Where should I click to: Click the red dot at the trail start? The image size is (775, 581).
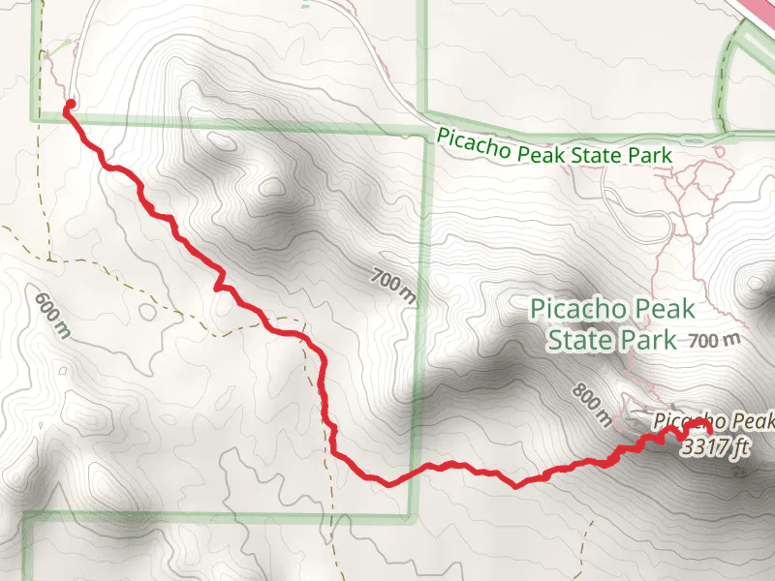click(x=69, y=103)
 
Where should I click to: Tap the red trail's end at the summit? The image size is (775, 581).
click(x=707, y=427)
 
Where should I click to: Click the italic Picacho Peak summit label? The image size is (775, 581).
click(x=715, y=421)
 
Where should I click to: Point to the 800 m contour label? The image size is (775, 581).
click(x=592, y=404)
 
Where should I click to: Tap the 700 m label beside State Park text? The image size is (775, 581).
click(x=714, y=340)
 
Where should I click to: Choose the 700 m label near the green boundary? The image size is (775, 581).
click(x=392, y=287)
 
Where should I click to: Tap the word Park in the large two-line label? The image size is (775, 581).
click(x=650, y=340)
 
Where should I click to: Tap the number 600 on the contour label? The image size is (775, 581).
click(x=46, y=306)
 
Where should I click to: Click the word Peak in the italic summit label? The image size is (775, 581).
click(x=752, y=421)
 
